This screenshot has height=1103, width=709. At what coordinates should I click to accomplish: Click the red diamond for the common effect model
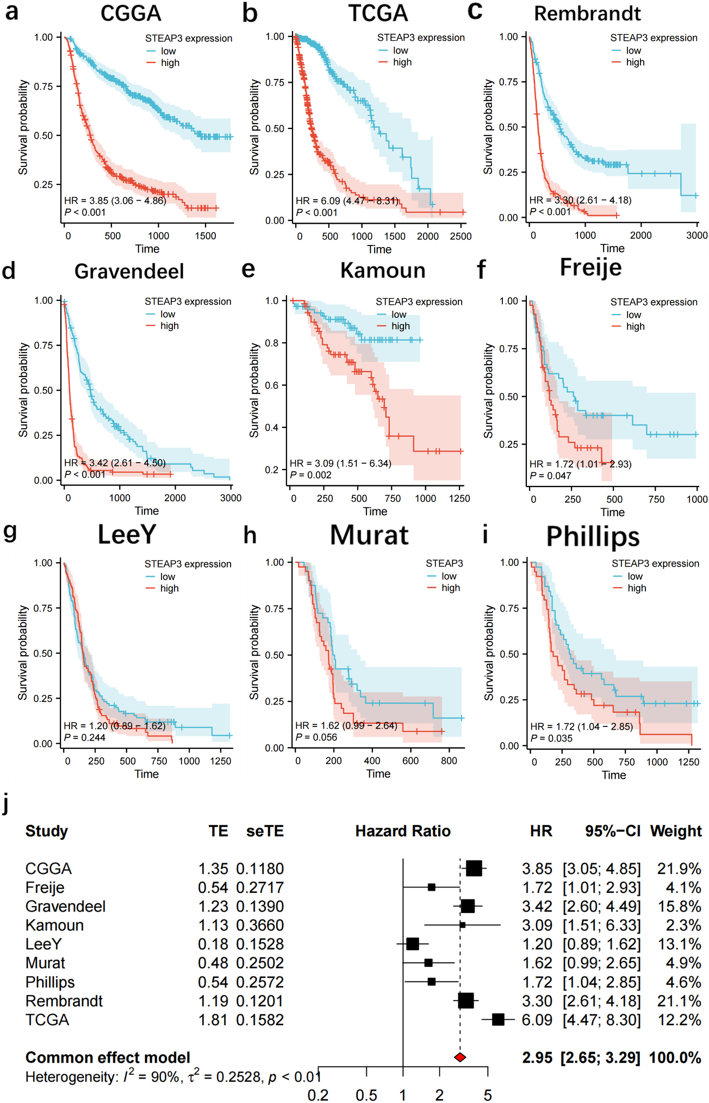(x=460, y=1057)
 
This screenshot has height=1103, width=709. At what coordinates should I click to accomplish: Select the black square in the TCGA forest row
(x=498, y=1019)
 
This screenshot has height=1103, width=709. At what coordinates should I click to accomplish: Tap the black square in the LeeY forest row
(x=413, y=944)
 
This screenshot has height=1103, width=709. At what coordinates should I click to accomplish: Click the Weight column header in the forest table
(x=676, y=831)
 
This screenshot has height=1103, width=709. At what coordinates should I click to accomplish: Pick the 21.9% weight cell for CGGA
(x=679, y=868)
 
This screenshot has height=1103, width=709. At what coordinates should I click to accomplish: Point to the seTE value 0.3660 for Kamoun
(x=260, y=925)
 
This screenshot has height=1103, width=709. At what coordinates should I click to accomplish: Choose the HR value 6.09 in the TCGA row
(x=537, y=1019)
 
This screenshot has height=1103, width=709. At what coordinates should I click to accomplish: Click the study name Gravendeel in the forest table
(x=66, y=906)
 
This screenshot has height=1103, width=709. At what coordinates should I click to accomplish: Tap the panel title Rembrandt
(x=587, y=14)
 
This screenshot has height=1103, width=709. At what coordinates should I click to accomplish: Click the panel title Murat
(x=369, y=535)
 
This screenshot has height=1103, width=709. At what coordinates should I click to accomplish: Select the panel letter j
(x=6, y=804)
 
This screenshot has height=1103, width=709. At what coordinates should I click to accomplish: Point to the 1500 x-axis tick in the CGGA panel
(x=206, y=236)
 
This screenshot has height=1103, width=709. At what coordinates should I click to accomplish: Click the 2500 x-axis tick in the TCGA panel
(x=461, y=236)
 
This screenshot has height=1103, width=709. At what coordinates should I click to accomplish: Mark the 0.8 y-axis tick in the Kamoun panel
(x=272, y=343)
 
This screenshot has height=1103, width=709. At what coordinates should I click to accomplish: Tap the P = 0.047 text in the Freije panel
(x=550, y=476)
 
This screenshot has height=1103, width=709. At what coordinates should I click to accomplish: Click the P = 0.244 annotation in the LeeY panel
(x=85, y=737)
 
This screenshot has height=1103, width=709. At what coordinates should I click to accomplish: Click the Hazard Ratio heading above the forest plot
(x=403, y=831)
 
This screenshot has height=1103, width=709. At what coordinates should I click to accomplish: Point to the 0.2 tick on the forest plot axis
(x=318, y=1095)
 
